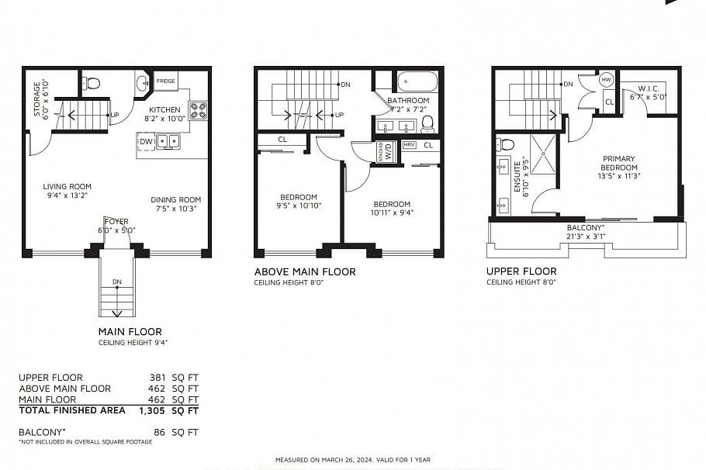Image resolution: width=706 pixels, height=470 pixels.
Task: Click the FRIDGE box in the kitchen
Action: (165, 81)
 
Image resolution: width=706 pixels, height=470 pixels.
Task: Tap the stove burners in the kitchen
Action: (198, 110)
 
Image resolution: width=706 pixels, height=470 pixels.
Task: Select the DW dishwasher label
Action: (146, 141)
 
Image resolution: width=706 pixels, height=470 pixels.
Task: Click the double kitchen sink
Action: (168, 141)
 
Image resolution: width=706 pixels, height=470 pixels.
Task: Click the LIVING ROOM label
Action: (67, 191)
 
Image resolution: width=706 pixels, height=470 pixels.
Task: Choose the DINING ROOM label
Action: (175, 204)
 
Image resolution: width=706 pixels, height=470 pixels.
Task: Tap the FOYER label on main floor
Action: (116, 226)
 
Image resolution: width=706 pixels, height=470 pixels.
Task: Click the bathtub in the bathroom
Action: (417, 82)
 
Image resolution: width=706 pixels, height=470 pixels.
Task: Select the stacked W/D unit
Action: (386, 150)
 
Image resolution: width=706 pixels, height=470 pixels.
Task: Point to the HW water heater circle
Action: (607, 80)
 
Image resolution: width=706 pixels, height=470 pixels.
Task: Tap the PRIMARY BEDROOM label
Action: (619, 167)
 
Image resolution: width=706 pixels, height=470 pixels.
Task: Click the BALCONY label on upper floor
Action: (586, 227)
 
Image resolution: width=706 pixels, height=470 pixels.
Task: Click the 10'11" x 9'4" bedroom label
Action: (392, 209)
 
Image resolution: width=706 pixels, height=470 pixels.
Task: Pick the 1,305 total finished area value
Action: (152, 410)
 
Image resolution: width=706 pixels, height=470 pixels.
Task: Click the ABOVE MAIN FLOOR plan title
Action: (305, 271)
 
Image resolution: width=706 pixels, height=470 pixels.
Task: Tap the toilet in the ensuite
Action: (507, 144)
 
